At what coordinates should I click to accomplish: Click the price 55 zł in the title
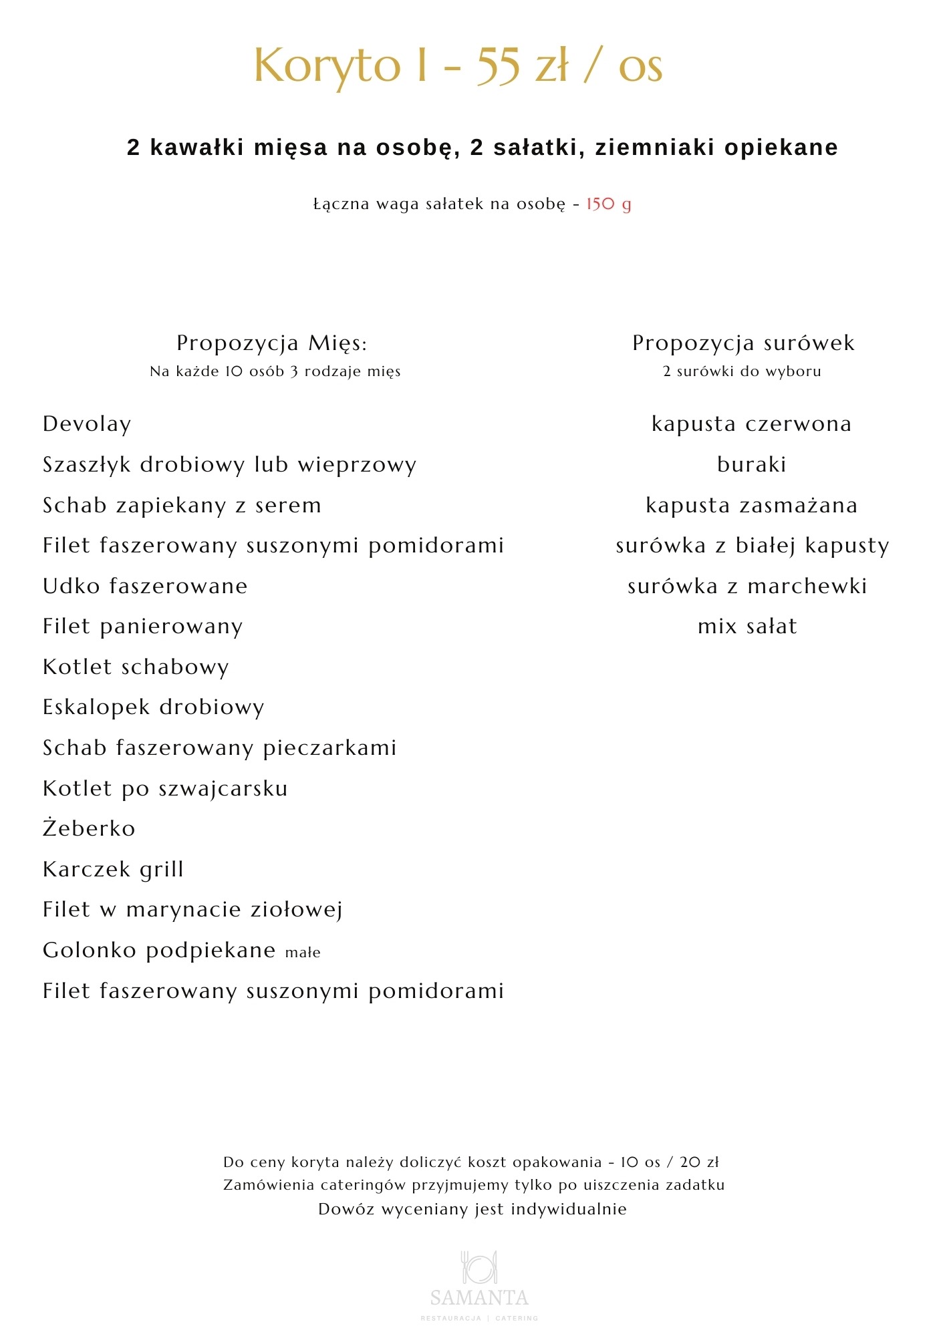(x=523, y=66)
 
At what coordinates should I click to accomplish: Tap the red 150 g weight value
(x=608, y=204)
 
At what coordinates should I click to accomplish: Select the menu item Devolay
(x=87, y=424)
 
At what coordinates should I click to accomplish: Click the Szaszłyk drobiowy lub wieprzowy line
(x=229, y=464)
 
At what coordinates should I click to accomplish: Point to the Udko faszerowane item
(x=145, y=587)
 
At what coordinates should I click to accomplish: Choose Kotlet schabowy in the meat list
(x=136, y=667)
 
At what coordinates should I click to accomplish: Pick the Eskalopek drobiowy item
(x=154, y=707)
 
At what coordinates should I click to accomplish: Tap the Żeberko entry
(x=89, y=828)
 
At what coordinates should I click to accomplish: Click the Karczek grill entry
(x=113, y=869)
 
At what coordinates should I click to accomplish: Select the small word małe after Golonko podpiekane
(x=303, y=953)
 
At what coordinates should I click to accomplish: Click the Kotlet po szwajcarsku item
(x=165, y=788)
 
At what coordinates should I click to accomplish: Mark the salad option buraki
(x=751, y=464)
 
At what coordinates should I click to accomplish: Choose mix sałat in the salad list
(x=747, y=627)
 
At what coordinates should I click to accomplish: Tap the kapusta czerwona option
(x=751, y=424)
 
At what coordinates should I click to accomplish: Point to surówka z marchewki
(x=747, y=587)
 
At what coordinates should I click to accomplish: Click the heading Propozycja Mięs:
(x=272, y=343)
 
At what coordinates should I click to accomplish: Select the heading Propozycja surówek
(x=743, y=343)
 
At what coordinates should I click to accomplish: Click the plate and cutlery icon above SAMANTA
(x=479, y=1267)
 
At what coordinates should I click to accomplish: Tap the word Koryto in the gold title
(x=327, y=66)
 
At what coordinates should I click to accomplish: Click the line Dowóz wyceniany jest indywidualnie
(x=472, y=1209)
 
